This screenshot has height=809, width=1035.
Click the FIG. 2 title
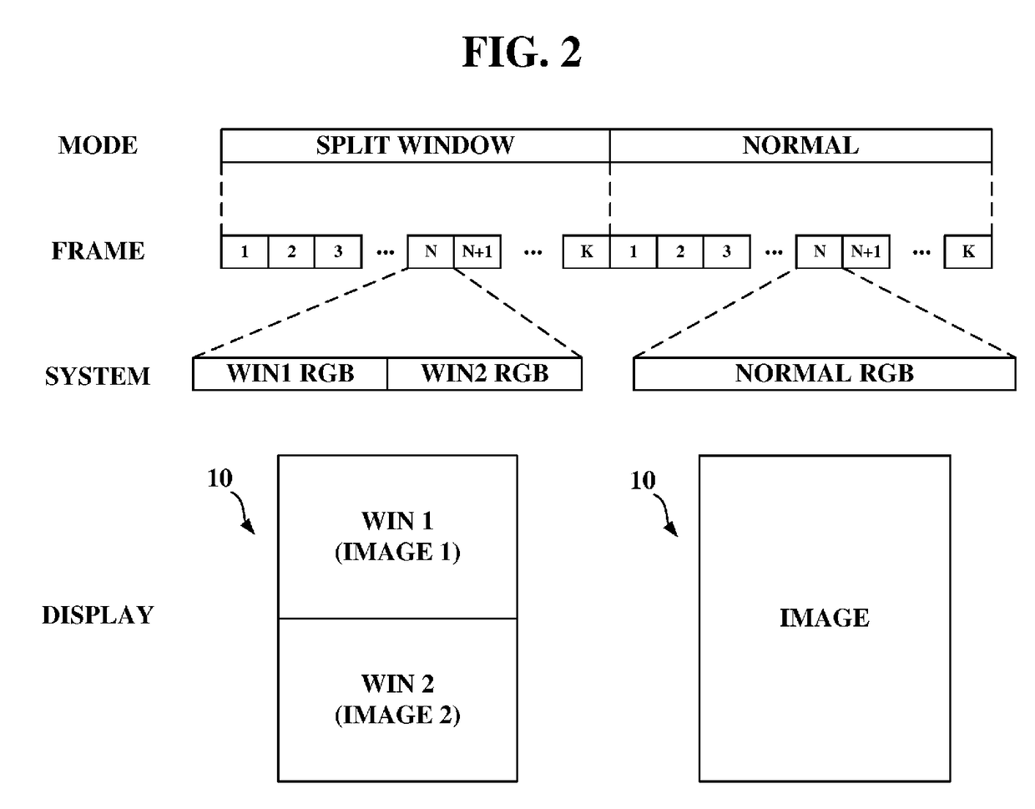coord(521,53)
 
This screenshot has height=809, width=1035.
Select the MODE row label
coord(98,145)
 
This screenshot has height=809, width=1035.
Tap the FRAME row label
coord(98,251)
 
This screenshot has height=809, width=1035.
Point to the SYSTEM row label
coord(98,377)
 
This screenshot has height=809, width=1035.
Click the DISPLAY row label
coord(98,614)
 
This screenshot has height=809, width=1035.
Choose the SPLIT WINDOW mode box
coord(416,145)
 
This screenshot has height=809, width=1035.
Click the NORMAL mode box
coord(800,145)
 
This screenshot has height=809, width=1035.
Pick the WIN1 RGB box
coord(290,373)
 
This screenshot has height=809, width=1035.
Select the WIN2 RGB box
coord(485,373)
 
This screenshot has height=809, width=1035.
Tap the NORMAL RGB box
coord(825,373)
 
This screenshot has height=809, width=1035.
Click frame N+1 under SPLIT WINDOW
coord(477,251)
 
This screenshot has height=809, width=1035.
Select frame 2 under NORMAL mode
coord(680,251)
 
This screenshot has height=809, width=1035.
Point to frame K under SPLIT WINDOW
coord(586,251)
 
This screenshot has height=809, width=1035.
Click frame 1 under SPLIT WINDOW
coord(245,251)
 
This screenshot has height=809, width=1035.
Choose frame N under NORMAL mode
coord(820,251)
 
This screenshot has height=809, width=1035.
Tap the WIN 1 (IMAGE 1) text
coord(397,536)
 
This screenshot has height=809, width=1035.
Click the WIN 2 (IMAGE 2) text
coord(397,699)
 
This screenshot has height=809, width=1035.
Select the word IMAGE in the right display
coord(825,618)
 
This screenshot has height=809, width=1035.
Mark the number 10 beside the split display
coord(220,478)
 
